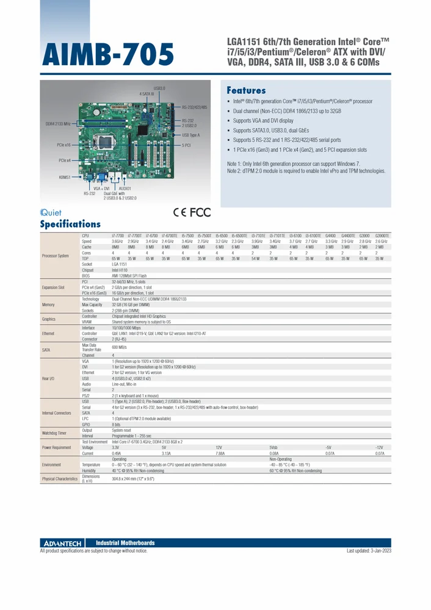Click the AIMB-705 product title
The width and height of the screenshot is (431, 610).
(107, 56)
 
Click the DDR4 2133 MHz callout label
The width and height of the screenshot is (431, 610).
(58, 124)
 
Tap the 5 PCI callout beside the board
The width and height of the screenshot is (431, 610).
(187, 146)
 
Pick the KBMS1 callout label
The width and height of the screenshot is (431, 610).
(65, 178)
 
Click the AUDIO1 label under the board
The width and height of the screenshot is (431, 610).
(125, 188)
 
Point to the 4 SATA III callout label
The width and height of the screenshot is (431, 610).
(147, 94)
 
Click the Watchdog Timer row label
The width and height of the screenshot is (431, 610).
(54, 432)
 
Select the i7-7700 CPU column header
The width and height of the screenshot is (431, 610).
(118, 235)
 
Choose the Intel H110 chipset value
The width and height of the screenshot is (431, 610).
(120, 270)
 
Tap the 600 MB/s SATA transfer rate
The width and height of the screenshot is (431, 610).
(119, 347)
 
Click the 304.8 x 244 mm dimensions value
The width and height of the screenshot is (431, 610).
(133, 479)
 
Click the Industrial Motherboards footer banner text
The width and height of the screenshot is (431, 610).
(126, 543)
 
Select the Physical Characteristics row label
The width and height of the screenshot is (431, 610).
(60, 479)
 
